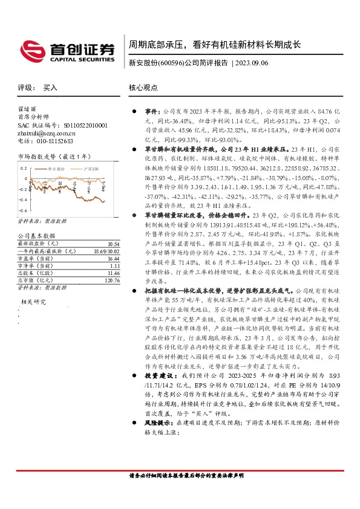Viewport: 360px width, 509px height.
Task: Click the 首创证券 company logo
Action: [67, 50]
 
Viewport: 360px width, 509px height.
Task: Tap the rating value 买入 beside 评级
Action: [51, 88]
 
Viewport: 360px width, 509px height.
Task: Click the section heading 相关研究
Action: [33, 300]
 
